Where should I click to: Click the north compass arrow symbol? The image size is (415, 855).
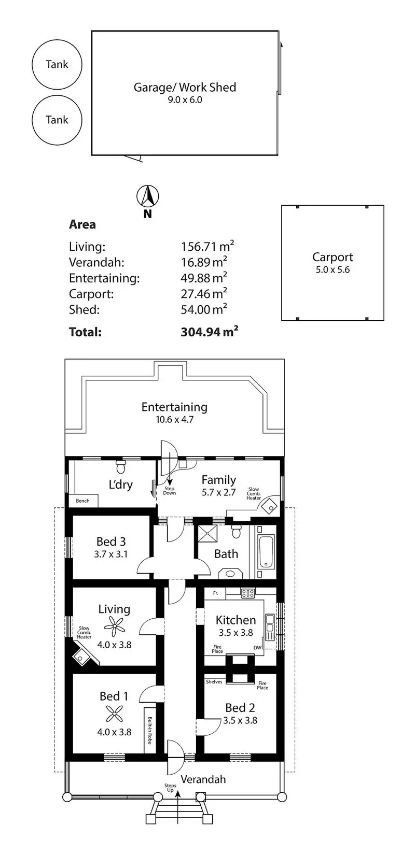coord(147,196)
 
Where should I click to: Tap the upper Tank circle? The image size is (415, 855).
coord(57,40)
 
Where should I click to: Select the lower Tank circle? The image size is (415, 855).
coord(57,95)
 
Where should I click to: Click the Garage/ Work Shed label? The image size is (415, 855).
coord(185,88)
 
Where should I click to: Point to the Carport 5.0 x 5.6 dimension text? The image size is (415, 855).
coord(333,269)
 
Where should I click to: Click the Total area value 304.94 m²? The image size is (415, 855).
coord(210,331)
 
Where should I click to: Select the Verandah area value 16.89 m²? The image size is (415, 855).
coord(204,262)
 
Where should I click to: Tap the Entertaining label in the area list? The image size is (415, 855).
coord(104,278)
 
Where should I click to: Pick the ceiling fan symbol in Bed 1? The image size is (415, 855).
coord(114,714)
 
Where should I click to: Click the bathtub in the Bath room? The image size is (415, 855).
coord(266,552)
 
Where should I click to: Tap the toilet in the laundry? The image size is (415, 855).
coord(121,467)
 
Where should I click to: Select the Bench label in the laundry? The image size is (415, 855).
coord(82,501)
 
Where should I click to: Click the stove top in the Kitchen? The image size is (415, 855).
coord(247,593)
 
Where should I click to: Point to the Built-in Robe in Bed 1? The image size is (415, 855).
coord(150,730)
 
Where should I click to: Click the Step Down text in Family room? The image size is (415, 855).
coord(169,491)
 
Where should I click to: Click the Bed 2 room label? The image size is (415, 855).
coord(240,708)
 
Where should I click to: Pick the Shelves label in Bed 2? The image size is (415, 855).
coord(214,682)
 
